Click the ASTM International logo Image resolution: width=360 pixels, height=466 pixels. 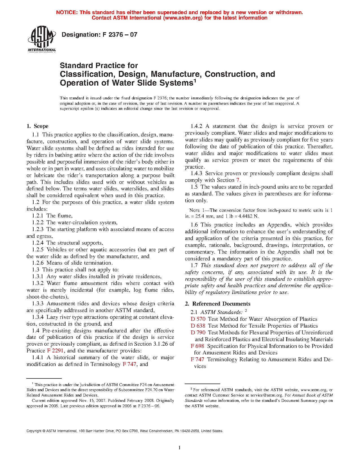click(x=42, y=39)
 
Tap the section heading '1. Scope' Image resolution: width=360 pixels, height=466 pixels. click(x=38, y=126)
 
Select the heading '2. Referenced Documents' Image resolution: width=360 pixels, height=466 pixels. click(x=218, y=304)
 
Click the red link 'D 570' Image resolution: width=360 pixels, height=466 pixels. click(x=198, y=319)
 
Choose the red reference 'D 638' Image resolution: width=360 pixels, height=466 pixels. click(x=198, y=326)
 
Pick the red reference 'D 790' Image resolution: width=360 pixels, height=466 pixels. click(x=198, y=333)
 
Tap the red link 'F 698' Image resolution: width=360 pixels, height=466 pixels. click(x=197, y=346)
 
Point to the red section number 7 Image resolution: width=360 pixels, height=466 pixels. click(x=238, y=180)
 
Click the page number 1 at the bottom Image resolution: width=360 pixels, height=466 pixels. click(x=180, y=447)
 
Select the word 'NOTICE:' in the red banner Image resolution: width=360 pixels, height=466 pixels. click(x=67, y=12)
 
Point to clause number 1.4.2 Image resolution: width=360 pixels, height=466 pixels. click(x=197, y=126)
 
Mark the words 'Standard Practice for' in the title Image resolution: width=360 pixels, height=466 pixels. click(x=99, y=66)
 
